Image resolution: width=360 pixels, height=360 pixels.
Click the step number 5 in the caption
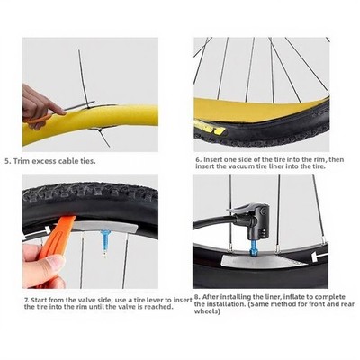point(7,161)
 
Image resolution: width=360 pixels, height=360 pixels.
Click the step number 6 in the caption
point(198,160)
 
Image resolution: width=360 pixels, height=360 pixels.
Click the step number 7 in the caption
point(27,300)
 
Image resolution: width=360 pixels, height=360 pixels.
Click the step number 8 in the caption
point(197,297)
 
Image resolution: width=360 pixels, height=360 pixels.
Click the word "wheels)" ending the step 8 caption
point(207,311)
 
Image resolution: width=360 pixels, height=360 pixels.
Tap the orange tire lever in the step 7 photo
point(55,237)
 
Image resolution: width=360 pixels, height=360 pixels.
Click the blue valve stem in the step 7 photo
point(105,242)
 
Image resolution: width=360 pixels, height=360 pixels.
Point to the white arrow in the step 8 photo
point(319,256)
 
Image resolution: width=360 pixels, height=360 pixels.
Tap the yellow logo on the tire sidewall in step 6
point(210,127)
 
